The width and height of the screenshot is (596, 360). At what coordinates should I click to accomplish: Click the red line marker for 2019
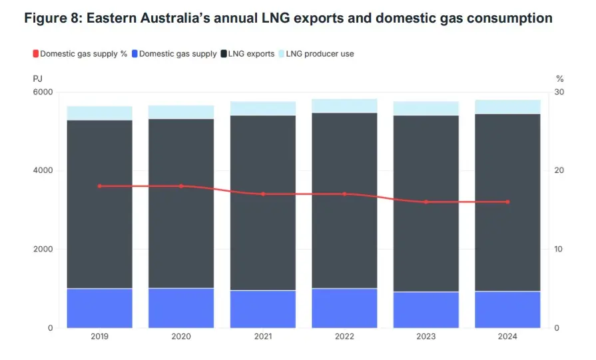[x=100, y=186]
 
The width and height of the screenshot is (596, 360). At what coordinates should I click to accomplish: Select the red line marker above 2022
[x=344, y=194]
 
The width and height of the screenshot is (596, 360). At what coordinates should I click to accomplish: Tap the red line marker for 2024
[x=507, y=202]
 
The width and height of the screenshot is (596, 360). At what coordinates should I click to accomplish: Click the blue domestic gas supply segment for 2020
[x=181, y=307]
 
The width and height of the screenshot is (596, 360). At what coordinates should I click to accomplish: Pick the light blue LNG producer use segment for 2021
[x=262, y=108]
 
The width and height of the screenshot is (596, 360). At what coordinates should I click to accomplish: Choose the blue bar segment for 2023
[x=426, y=309]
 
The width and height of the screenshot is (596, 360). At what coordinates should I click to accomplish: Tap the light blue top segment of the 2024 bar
[x=507, y=107]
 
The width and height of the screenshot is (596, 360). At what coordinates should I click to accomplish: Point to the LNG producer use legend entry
[x=320, y=54]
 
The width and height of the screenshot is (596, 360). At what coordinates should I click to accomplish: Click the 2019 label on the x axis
[x=100, y=337]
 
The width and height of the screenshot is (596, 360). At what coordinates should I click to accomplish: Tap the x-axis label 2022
[x=344, y=337]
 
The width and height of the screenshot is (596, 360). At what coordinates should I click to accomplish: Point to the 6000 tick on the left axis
[x=43, y=92]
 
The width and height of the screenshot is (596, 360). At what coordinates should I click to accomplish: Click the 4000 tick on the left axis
[x=43, y=170]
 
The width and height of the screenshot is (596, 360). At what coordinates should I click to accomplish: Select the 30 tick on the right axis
[x=559, y=92]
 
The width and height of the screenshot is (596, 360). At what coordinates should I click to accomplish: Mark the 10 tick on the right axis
[x=559, y=250]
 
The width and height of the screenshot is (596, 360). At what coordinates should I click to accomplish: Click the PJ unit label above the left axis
[x=37, y=79]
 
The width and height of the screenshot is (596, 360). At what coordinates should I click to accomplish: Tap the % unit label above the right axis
[x=559, y=79]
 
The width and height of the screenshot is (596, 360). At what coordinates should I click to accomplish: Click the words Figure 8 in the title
[x=51, y=19]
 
